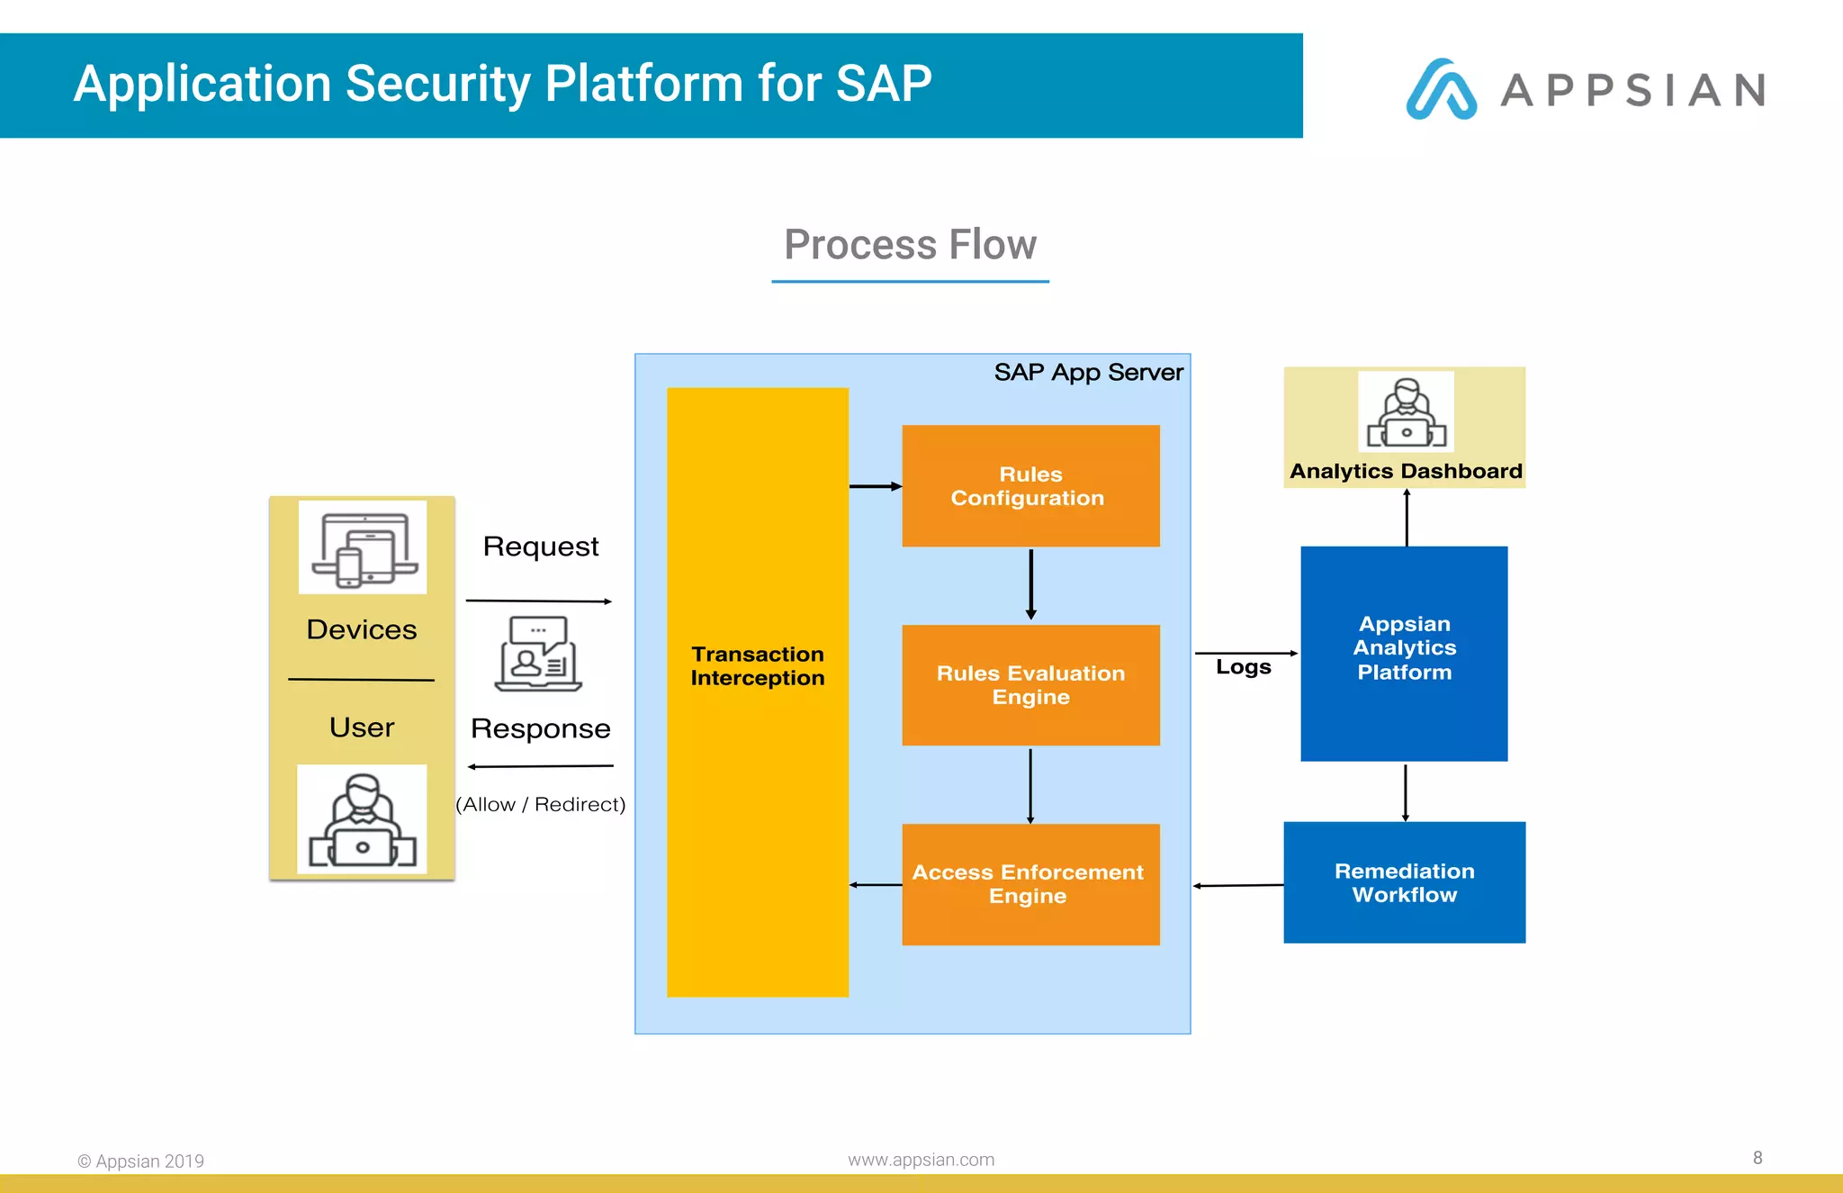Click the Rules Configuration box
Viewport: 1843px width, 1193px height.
pos(1030,486)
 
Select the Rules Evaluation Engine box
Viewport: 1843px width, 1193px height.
pos(1030,685)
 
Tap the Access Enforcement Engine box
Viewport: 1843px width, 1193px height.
pos(1030,884)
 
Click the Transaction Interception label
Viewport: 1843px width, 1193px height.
pos(758,666)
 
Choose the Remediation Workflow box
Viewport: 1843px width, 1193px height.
pos(1404,882)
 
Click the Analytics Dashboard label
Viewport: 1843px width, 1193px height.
pos(1406,471)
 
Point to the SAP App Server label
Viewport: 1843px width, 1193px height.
pos(1088,372)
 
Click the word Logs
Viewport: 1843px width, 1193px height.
pos(1243,667)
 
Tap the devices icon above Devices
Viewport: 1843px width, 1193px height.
pos(363,548)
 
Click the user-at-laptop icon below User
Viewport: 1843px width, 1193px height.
pos(362,819)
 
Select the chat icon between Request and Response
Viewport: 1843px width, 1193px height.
pos(538,654)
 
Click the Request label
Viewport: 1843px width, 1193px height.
pos(540,547)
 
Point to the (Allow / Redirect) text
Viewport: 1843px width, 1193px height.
pos(540,804)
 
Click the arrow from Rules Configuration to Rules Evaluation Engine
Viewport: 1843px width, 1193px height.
pos(1031,584)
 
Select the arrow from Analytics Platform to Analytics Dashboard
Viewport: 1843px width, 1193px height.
pos(1407,518)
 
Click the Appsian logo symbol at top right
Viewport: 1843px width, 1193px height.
pos(1441,89)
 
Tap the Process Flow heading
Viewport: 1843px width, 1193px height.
pos(910,245)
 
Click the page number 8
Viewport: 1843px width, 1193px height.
pos(1757,1158)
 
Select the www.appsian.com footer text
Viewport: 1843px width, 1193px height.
pos(921,1160)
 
